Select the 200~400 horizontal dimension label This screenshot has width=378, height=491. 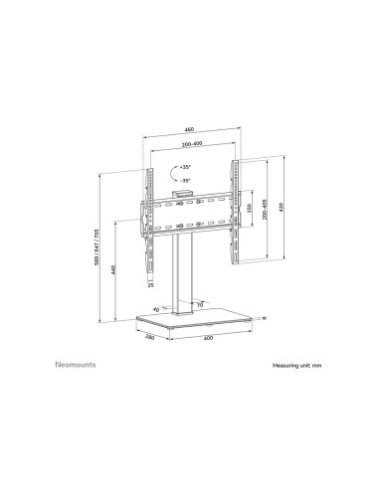pyautogui.click(x=187, y=146)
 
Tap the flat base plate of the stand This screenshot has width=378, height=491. pyautogui.click(x=199, y=324)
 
